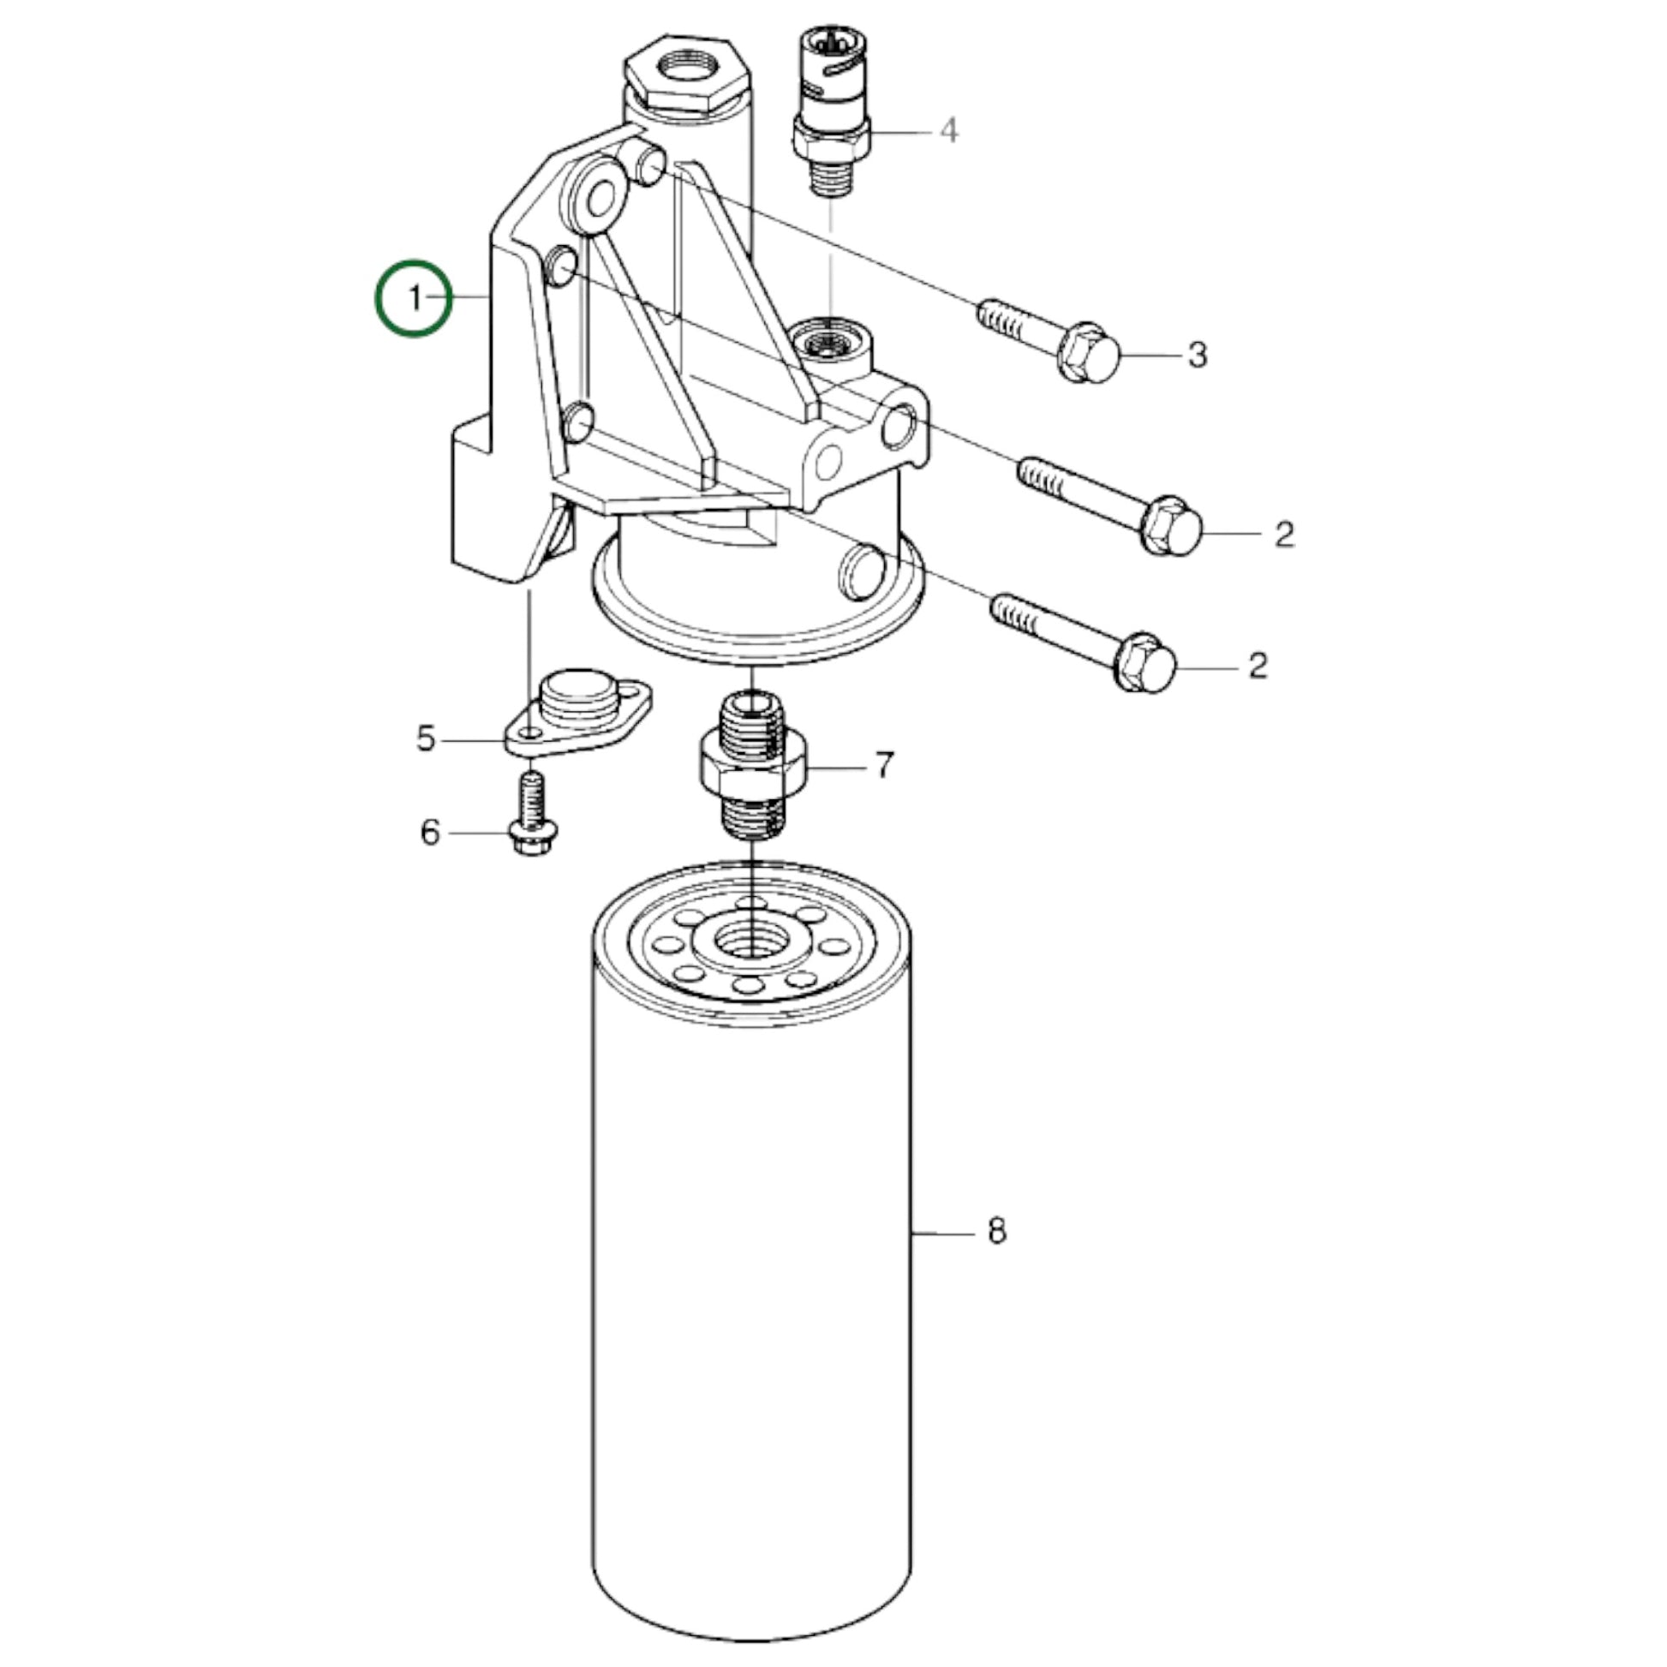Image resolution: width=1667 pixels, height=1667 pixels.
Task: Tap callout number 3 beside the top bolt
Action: point(1197,355)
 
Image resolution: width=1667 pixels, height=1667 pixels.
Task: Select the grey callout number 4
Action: point(948,131)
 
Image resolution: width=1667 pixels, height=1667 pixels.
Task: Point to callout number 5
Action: point(426,738)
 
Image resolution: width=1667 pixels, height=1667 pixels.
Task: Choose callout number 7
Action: point(883,765)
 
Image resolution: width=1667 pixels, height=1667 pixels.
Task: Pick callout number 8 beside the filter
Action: point(996,1231)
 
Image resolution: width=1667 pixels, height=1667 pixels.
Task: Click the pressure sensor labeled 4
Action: point(832,109)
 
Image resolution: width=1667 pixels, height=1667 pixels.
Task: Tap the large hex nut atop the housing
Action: point(686,76)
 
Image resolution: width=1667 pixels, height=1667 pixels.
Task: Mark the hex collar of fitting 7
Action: point(752,766)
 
